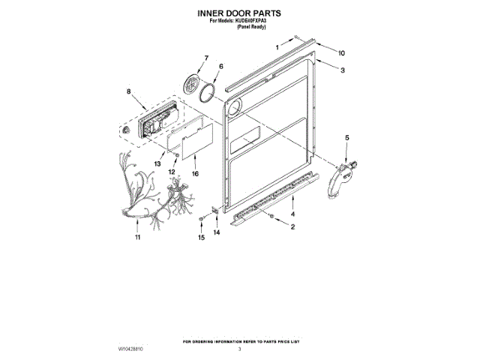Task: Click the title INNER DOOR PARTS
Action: pos(240,13)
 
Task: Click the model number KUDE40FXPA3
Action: pos(251,20)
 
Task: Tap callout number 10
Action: pos(341,53)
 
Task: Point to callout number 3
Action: pos(342,70)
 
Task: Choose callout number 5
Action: pos(346,138)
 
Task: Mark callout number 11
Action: pos(137,238)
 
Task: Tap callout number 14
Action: pos(217,233)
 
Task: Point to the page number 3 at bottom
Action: pos(239,349)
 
